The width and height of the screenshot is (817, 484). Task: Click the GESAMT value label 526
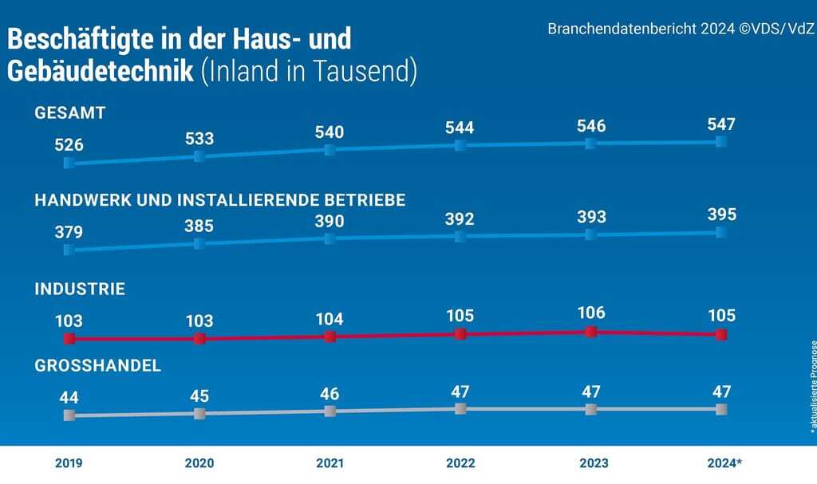coord(69,146)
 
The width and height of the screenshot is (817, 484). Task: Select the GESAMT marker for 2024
coord(721,141)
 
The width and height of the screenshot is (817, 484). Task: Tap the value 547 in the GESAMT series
coord(720,124)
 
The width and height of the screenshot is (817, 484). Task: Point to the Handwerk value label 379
coord(69,233)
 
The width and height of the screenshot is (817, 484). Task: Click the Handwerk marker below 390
coord(330,238)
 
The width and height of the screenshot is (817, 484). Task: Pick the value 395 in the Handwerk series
coord(720,215)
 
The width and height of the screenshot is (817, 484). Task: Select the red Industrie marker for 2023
coord(590,332)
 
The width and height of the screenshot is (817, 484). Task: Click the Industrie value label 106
coord(590,313)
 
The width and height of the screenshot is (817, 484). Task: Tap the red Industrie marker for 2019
coord(69,339)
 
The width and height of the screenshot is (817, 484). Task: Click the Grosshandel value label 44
coord(69,397)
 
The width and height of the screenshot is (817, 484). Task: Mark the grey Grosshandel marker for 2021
coord(330,411)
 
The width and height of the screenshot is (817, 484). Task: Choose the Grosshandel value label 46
coord(330,394)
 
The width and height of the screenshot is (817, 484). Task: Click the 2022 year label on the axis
coord(460,463)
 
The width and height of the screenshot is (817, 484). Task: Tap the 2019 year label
coord(69,463)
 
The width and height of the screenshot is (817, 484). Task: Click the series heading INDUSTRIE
coord(80,289)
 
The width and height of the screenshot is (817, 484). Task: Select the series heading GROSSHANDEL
coord(97,366)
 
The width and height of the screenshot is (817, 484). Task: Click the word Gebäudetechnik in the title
coord(101,71)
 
